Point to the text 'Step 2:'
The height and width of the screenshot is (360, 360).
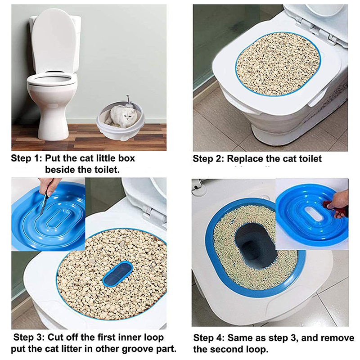point(208,159)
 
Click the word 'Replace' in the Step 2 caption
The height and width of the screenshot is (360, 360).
point(245,159)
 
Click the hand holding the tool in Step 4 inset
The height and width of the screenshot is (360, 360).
point(338,205)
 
